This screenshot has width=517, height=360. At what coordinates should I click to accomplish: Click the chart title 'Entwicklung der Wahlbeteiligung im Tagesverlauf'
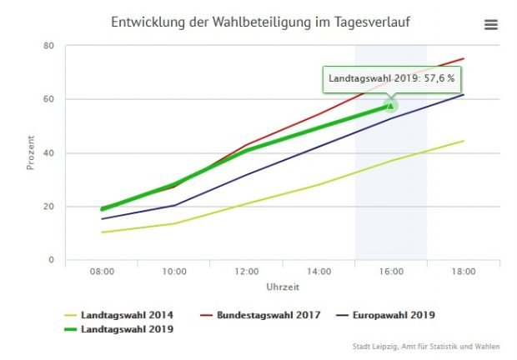[260, 21]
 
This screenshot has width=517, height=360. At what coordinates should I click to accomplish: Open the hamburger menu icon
[491, 25]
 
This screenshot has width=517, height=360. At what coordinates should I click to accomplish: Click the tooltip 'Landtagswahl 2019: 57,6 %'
[391, 78]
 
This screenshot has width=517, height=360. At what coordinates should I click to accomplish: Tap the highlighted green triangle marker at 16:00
[391, 106]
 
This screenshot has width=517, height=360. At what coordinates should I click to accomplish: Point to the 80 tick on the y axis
[48, 45]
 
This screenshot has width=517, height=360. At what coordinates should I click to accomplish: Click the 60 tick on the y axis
[48, 99]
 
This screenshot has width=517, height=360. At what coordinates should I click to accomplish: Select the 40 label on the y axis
[48, 152]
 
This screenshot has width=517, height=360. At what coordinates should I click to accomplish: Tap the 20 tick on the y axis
[48, 207]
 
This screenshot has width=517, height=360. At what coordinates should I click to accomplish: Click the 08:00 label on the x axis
[102, 272]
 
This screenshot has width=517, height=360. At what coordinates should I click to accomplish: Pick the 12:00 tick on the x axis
[247, 272]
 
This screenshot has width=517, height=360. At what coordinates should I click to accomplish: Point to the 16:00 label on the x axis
[392, 272]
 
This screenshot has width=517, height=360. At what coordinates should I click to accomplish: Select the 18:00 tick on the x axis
[464, 272]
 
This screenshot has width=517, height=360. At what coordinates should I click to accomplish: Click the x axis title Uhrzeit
[283, 287]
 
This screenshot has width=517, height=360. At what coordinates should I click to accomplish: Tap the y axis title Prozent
[31, 152]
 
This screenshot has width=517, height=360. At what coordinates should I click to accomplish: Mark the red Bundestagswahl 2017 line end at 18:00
[464, 58]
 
